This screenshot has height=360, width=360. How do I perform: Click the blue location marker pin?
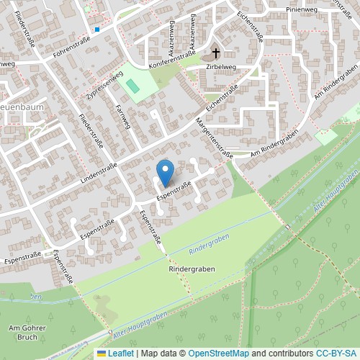[x=166, y=171]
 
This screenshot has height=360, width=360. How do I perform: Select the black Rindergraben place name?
[x=192, y=269]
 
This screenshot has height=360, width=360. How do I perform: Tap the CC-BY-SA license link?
[x=336, y=354]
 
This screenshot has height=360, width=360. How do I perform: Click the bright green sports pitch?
[x=133, y=84]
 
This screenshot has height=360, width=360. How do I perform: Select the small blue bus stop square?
[x=96, y=30]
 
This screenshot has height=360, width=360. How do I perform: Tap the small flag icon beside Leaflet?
[x=102, y=354]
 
